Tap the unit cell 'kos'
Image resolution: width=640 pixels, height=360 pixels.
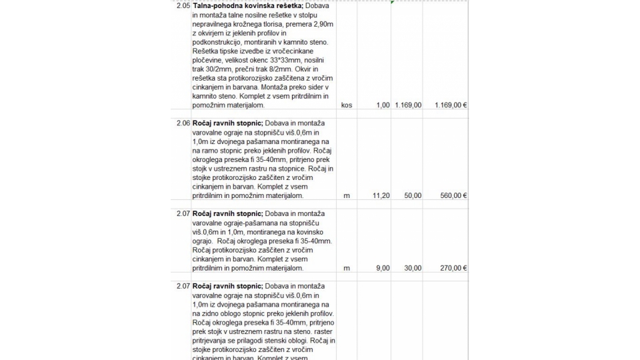346,105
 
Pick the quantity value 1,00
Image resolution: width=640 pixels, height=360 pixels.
382,105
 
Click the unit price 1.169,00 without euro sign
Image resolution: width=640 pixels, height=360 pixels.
407,105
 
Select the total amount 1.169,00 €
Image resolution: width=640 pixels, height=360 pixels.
450,105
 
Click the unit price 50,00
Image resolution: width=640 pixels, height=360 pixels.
412,196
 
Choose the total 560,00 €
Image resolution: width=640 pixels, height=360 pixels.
452,196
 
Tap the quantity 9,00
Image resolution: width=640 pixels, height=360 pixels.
382,268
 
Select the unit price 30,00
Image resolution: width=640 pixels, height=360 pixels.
412,268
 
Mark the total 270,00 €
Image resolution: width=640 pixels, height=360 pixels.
452,268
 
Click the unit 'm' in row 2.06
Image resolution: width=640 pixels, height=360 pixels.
346,196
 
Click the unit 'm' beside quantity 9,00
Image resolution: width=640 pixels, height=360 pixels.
346,268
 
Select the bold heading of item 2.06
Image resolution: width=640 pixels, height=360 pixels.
227,123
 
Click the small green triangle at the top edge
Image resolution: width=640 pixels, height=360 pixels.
393,2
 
